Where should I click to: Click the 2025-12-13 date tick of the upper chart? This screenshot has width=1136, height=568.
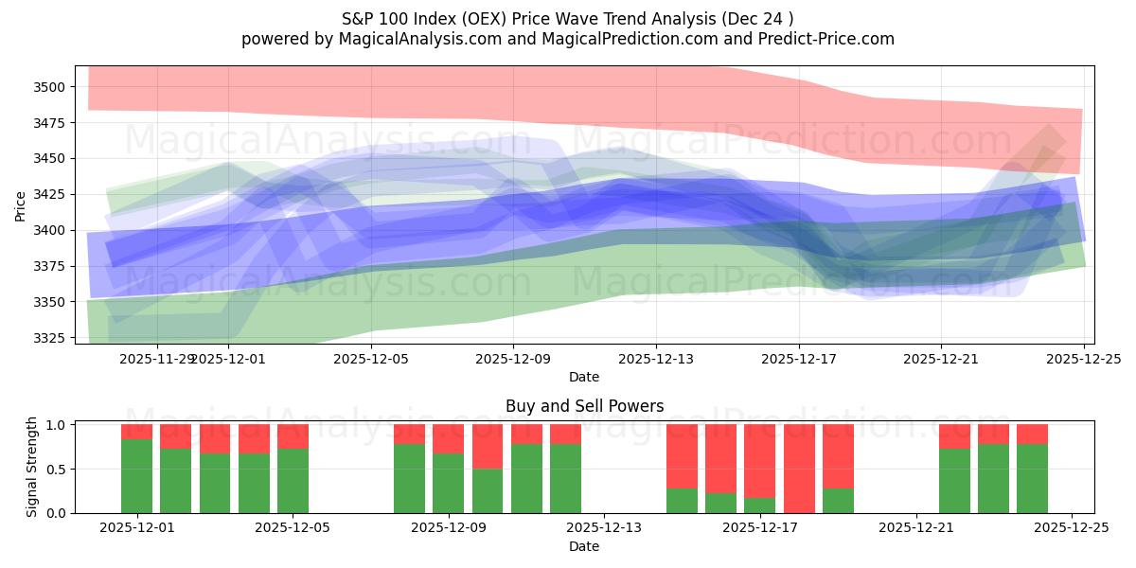(656, 359)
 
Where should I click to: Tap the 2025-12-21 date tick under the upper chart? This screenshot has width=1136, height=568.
(941, 359)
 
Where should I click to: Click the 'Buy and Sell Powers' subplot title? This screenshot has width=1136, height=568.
(584, 406)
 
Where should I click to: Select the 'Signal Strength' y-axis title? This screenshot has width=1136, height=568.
(32, 466)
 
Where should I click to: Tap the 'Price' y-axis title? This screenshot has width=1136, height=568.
(21, 204)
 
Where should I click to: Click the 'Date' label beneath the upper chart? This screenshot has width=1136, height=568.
(584, 377)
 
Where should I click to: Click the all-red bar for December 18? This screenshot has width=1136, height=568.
(799, 469)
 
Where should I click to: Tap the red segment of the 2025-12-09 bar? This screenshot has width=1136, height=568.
(488, 446)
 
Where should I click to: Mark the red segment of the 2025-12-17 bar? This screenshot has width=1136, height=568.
(760, 460)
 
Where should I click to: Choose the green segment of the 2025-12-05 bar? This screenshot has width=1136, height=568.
(293, 481)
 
